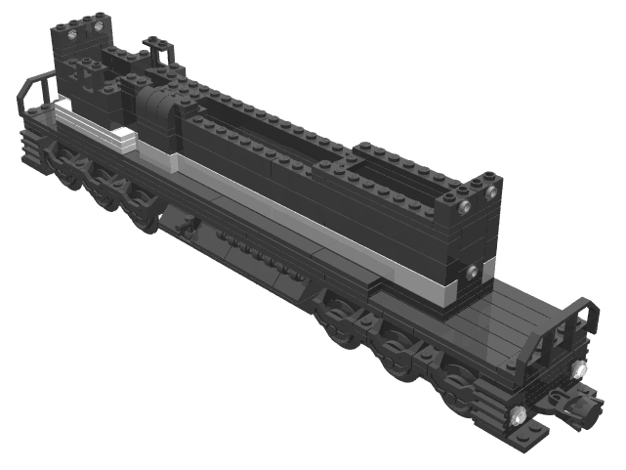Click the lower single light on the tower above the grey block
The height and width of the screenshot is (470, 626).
pyautogui.click(x=472, y=271)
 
